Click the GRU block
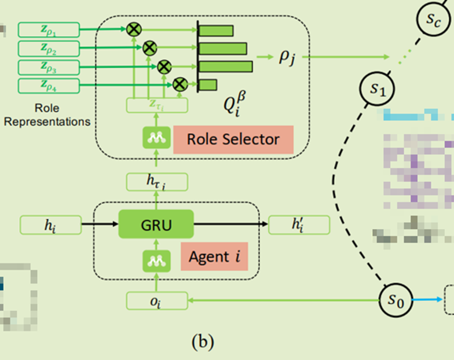pyautogui.click(x=156, y=225)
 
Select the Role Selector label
pyautogui.click(x=233, y=139)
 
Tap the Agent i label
pyautogui.click(x=214, y=256)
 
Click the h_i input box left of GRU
pyautogui.click(x=50, y=225)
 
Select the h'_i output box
pyautogui.click(x=297, y=225)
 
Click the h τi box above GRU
pyautogui.click(x=156, y=183)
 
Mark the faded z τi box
pyautogui.click(x=156, y=105)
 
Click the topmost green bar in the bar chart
pyautogui.click(x=217, y=31)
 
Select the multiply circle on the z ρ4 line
pyautogui.click(x=180, y=84)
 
